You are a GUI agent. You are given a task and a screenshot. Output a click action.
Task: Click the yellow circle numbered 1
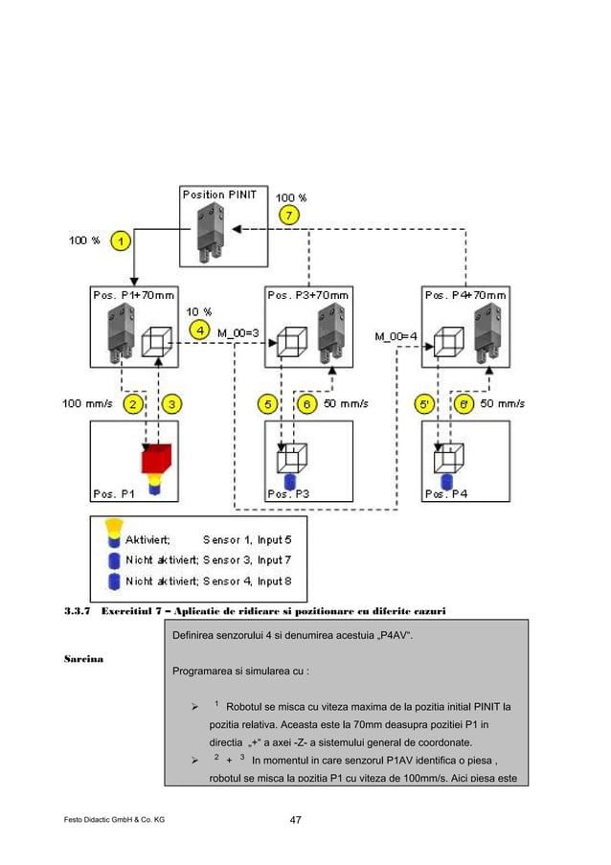point(120,240)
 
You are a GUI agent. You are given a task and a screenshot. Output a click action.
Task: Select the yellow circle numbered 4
point(199,330)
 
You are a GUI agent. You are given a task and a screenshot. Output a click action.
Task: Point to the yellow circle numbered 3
point(172,403)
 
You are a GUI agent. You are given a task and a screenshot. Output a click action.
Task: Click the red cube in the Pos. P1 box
point(155,460)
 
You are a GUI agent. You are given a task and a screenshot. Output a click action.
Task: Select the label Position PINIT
point(218,194)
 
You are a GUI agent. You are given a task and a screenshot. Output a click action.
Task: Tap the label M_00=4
point(396,335)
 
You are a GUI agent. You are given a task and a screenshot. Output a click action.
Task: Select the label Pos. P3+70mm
point(308,294)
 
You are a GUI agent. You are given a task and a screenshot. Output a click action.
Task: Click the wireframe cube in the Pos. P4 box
point(442,461)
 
